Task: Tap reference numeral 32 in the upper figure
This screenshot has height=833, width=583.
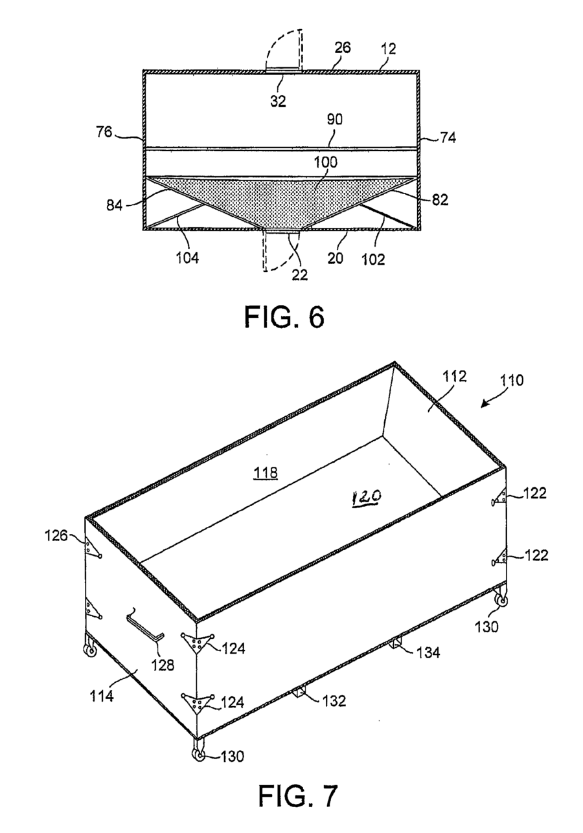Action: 278,102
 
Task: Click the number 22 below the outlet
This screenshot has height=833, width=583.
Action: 299,274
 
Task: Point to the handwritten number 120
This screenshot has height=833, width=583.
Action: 367,497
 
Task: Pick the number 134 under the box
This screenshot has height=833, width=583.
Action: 428,652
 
